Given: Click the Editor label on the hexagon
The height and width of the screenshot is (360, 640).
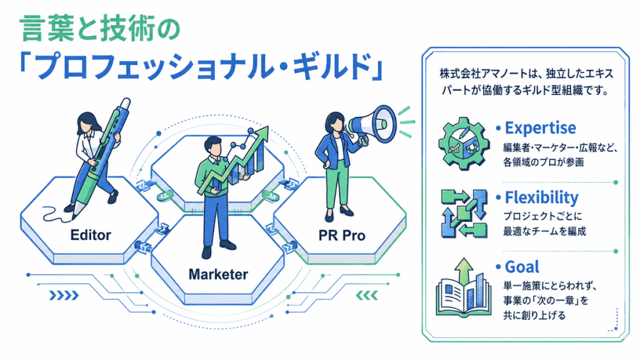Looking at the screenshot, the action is pos(91,235).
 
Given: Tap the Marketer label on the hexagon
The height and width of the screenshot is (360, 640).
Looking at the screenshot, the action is pos(218,274).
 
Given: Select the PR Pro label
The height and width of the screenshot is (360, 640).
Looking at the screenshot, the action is pos(342,236).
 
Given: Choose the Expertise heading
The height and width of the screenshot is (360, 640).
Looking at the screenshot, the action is pos(541,128).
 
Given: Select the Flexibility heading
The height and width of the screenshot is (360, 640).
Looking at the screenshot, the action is pos(542,197).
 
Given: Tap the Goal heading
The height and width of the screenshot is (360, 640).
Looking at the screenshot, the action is pos(522,267).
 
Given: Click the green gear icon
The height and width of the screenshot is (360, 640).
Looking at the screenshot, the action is pos(464,143).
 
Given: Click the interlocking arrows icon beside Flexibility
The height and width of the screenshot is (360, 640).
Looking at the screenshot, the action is pos(464,213).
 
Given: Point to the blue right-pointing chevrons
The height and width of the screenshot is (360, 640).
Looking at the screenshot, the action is pos(64,295).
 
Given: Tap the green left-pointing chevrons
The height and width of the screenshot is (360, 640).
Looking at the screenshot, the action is pos(367,295).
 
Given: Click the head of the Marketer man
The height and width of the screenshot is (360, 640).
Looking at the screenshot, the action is pos(212,146).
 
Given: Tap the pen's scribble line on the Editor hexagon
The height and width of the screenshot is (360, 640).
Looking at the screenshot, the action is pos(55,215).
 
